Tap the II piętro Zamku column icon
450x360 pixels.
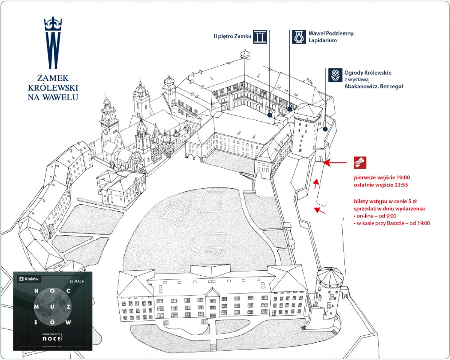(260, 37)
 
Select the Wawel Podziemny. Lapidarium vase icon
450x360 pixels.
(298, 37)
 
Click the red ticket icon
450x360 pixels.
(359, 163)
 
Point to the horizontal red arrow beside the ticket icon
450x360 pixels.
(336, 163)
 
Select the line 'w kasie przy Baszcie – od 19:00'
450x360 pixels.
(392, 223)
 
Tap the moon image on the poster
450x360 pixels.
(52, 307)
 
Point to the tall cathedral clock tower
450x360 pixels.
(107, 120)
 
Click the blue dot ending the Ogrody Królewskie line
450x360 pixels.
(325, 129)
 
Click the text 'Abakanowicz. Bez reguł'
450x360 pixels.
(374, 87)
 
